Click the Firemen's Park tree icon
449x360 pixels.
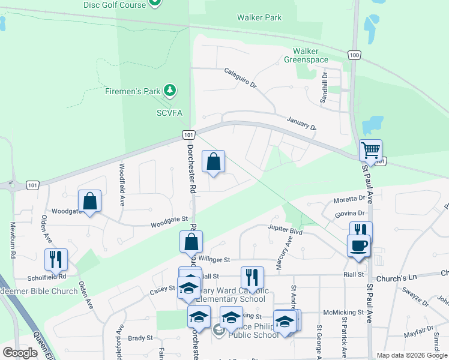[x=171, y=90]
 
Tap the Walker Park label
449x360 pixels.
[x=259, y=18]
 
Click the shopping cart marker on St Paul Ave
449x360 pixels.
[x=371, y=150]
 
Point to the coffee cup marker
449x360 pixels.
[x=358, y=245]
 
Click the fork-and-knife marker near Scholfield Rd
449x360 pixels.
[x=56, y=259]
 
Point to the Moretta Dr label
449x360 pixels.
[x=349, y=199]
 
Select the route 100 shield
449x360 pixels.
[x=354, y=55]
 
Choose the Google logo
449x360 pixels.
[x=20, y=352]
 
